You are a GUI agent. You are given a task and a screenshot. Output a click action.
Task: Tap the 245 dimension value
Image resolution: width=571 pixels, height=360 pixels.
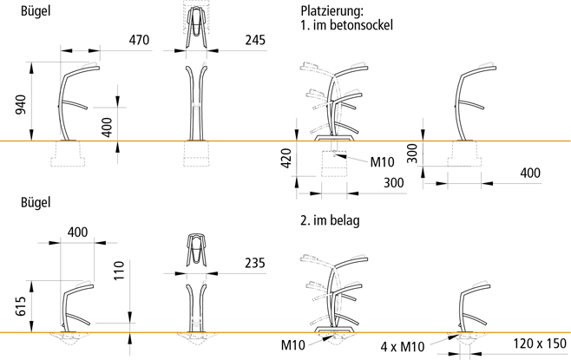pyautogui.click(x=254, y=40)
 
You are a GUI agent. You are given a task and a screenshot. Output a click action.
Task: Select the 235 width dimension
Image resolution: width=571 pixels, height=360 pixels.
pyautogui.click(x=254, y=263)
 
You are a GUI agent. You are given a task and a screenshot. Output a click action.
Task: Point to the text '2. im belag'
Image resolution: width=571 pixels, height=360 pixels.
pyautogui.click(x=329, y=220)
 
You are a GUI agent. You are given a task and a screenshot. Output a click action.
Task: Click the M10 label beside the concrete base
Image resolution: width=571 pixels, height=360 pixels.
pyautogui.click(x=384, y=161)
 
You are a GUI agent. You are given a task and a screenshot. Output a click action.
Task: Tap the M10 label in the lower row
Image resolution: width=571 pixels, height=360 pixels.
pyautogui.click(x=293, y=344)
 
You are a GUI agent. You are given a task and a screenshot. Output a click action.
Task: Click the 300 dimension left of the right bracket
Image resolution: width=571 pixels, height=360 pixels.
pyautogui.click(x=412, y=154)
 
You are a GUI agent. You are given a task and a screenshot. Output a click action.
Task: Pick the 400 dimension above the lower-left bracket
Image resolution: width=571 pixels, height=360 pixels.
pyautogui.click(x=77, y=232)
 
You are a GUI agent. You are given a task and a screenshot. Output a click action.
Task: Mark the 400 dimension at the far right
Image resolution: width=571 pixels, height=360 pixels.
pyautogui.click(x=528, y=173)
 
